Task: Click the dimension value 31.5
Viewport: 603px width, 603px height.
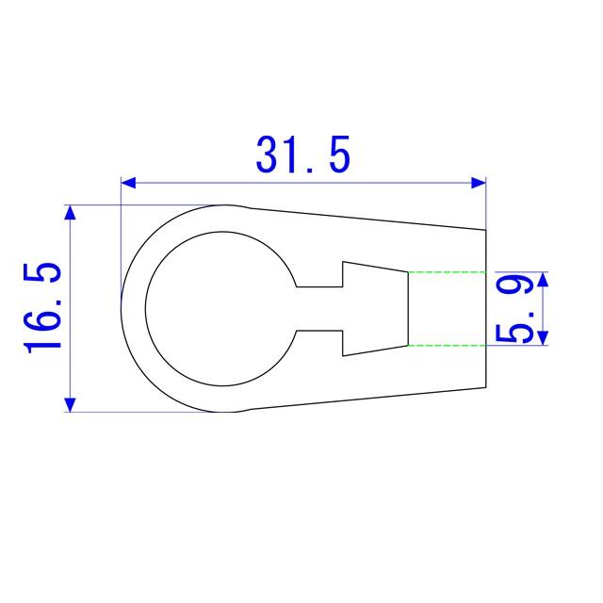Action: pos(302,155)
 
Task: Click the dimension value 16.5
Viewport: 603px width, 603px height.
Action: pos(44,308)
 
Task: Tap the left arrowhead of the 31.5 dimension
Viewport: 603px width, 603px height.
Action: pos(129,182)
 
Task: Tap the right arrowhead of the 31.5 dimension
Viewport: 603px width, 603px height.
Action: pos(479,182)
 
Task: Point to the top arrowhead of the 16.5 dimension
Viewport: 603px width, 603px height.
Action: pos(70,213)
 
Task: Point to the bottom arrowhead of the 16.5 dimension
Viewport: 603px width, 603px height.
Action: pos(70,404)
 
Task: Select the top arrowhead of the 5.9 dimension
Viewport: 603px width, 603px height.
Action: pos(543,279)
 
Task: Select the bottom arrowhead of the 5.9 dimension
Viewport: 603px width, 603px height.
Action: pos(543,337)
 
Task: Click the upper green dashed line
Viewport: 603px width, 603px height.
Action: pos(448,272)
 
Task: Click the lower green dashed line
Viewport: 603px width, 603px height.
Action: pos(448,345)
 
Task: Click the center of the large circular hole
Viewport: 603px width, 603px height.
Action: pos(218,308)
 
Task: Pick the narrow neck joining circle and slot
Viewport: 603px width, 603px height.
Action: pos(318,308)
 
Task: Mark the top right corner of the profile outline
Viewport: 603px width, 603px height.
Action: pos(486,229)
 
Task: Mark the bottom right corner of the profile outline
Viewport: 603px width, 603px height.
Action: pos(486,386)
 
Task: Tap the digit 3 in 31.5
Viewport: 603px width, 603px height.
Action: pos(268,155)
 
